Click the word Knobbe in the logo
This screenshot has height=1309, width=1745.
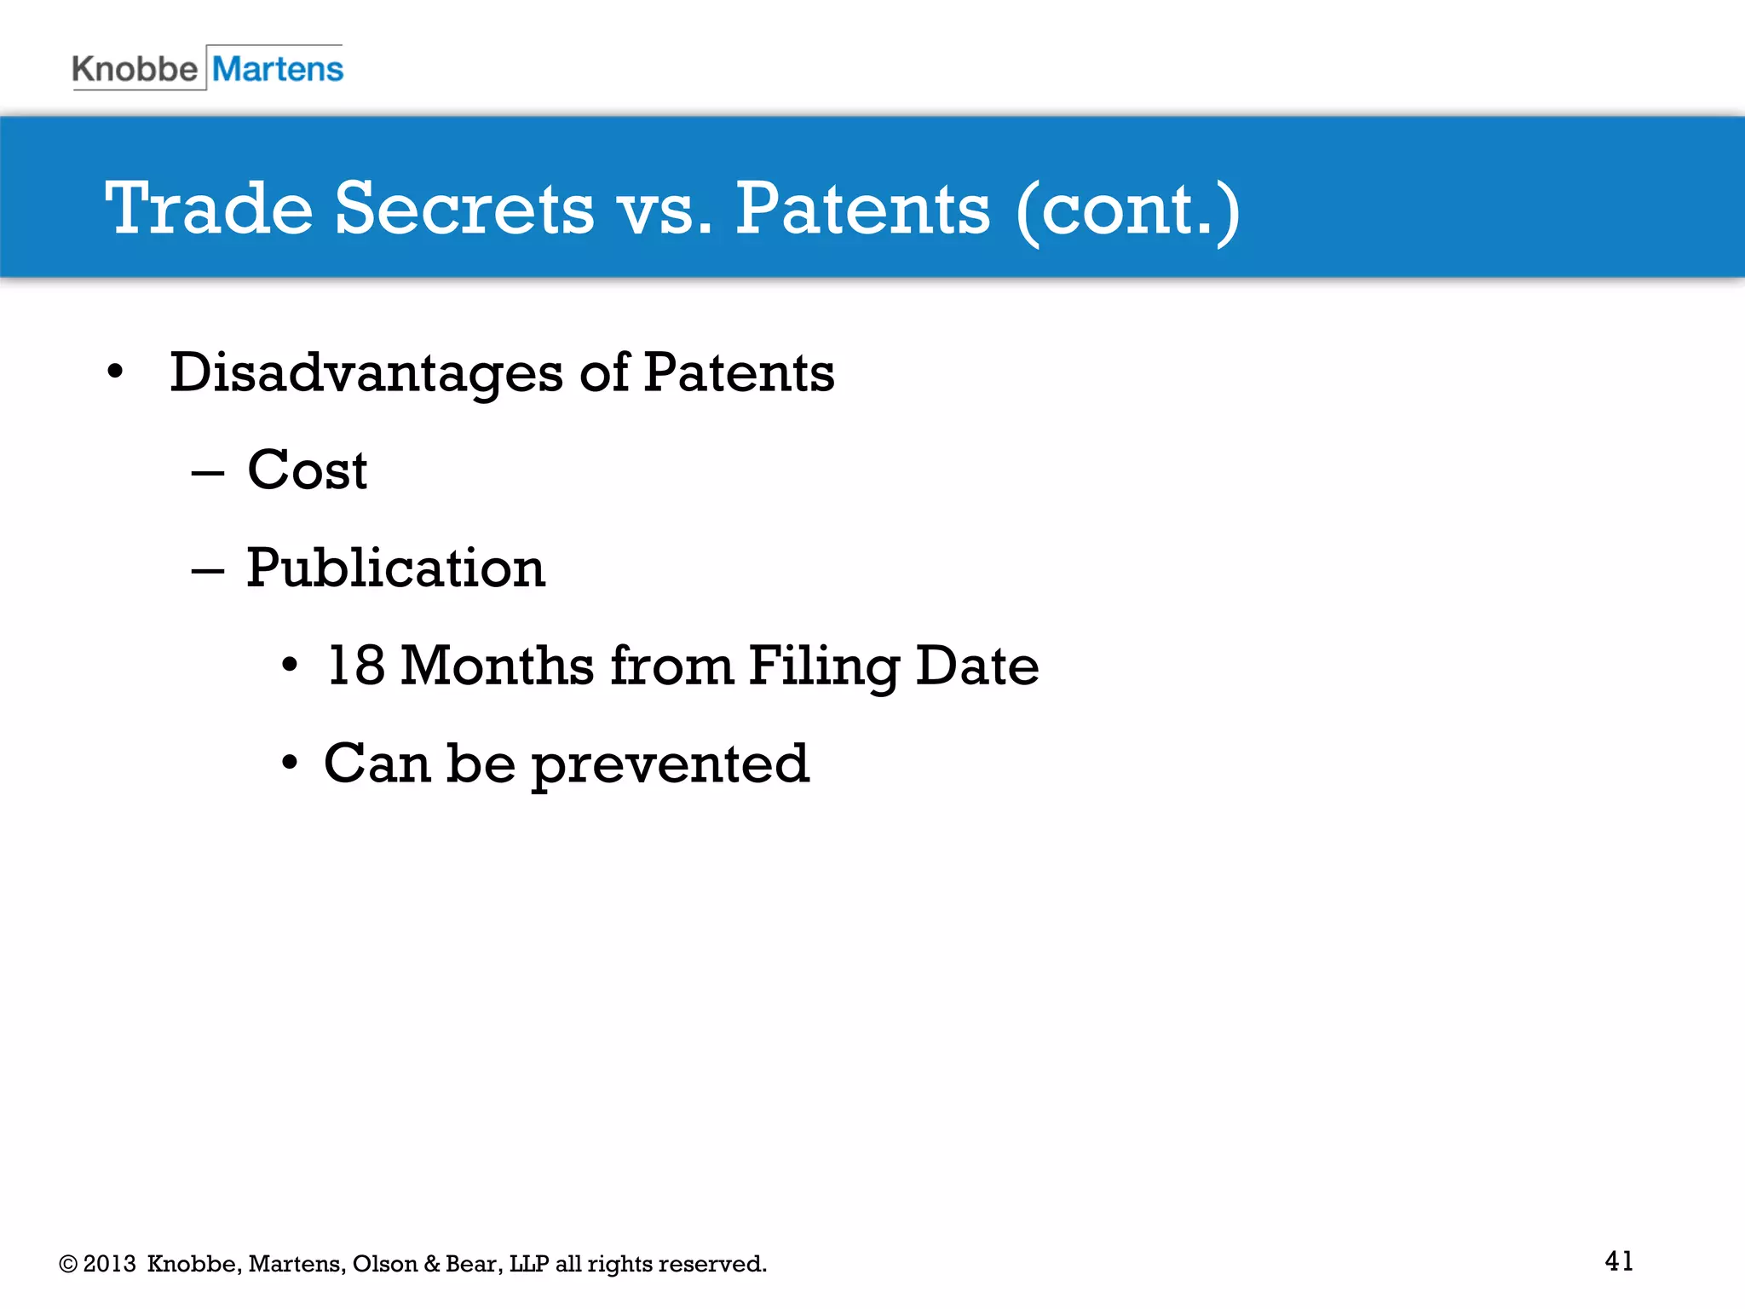pyautogui.click(x=134, y=69)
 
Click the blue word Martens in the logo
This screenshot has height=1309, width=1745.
pyautogui.click(x=278, y=69)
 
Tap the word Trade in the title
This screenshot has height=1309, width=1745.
pyautogui.click(x=209, y=209)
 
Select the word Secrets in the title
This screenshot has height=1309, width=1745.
pyautogui.click(x=464, y=209)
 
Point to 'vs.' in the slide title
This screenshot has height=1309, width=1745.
pyautogui.click(x=665, y=210)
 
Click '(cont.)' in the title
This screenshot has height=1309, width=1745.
pyautogui.click(x=1127, y=210)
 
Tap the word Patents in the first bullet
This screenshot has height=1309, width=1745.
pyautogui.click(x=739, y=372)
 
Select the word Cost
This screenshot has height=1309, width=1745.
pyautogui.click(x=307, y=470)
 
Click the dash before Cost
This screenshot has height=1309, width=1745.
pyautogui.click(x=207, y=473)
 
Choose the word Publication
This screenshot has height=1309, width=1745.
pyautogui.click(x=395, y=568)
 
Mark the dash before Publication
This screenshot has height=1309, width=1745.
pyautogui.click(x=207, y=571)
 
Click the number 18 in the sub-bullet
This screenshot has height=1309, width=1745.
pyautogui.click(x=355, y=666)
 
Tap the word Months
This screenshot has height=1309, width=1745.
pyautogui.click(x=497, y=666)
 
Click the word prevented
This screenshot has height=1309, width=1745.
pyautogui.click(x=670, y=764)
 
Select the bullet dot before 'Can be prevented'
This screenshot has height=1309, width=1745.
pyautogui.click(x=290, y=763)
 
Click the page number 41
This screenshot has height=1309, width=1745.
pyautogui.click(x=1618, y=1260)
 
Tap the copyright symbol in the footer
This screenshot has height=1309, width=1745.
pyautogui.click(x=68, y=1264)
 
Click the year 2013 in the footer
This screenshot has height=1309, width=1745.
pyautogui.click(x=109, y=1264)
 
